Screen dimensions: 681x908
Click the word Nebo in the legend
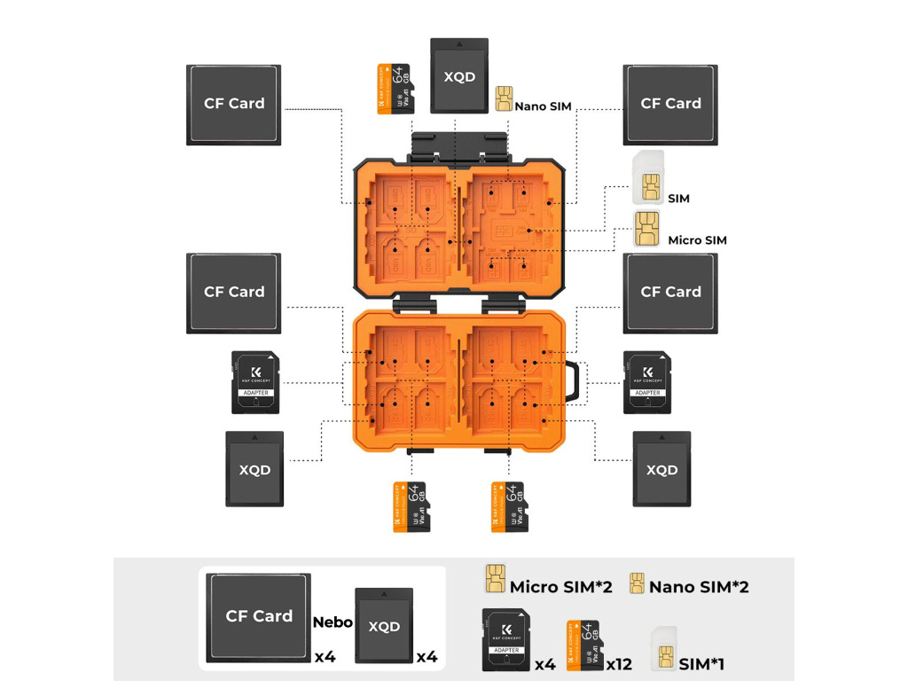coord(333,622)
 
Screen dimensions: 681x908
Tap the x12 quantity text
coord(619,663)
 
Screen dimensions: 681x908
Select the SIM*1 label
coord(701,663)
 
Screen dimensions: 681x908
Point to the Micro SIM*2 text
coord(560,587)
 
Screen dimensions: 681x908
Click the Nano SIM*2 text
coord(699,587)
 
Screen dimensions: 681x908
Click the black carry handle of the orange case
coord(576,382)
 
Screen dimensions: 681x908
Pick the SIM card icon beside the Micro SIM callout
coord(646,230)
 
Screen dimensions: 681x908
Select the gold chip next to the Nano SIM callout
coord(505,98)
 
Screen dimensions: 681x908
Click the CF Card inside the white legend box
coord(258,617)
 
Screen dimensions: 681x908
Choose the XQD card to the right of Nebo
coord(384,625)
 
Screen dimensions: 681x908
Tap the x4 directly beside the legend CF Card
coord(325,657)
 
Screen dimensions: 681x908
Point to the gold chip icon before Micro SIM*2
coord(494,579)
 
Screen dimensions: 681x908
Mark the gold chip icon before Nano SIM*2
coord(636,583)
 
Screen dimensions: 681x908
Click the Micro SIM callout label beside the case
coord(697,240)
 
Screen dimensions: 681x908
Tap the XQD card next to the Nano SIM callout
coord(459,75)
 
